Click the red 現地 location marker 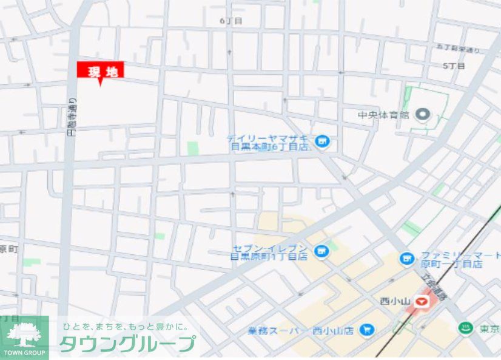(x=100, y=71)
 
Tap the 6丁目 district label (x=231, y=21)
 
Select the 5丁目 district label (x=453, y=66)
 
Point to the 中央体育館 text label (x=384, y=114)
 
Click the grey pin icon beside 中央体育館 (x=423, y=114)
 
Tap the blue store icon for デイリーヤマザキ (x=323, y=142)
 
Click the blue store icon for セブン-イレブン (x=321, y=251)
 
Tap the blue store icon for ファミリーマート (x=406, y=259)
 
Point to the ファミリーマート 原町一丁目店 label (x=452, y=259)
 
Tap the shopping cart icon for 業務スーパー (x=366, y=330)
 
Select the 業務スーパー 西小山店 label (x=301, y=331)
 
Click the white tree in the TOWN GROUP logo (x=24, y=335)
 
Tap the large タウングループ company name (x=128, y=343)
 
